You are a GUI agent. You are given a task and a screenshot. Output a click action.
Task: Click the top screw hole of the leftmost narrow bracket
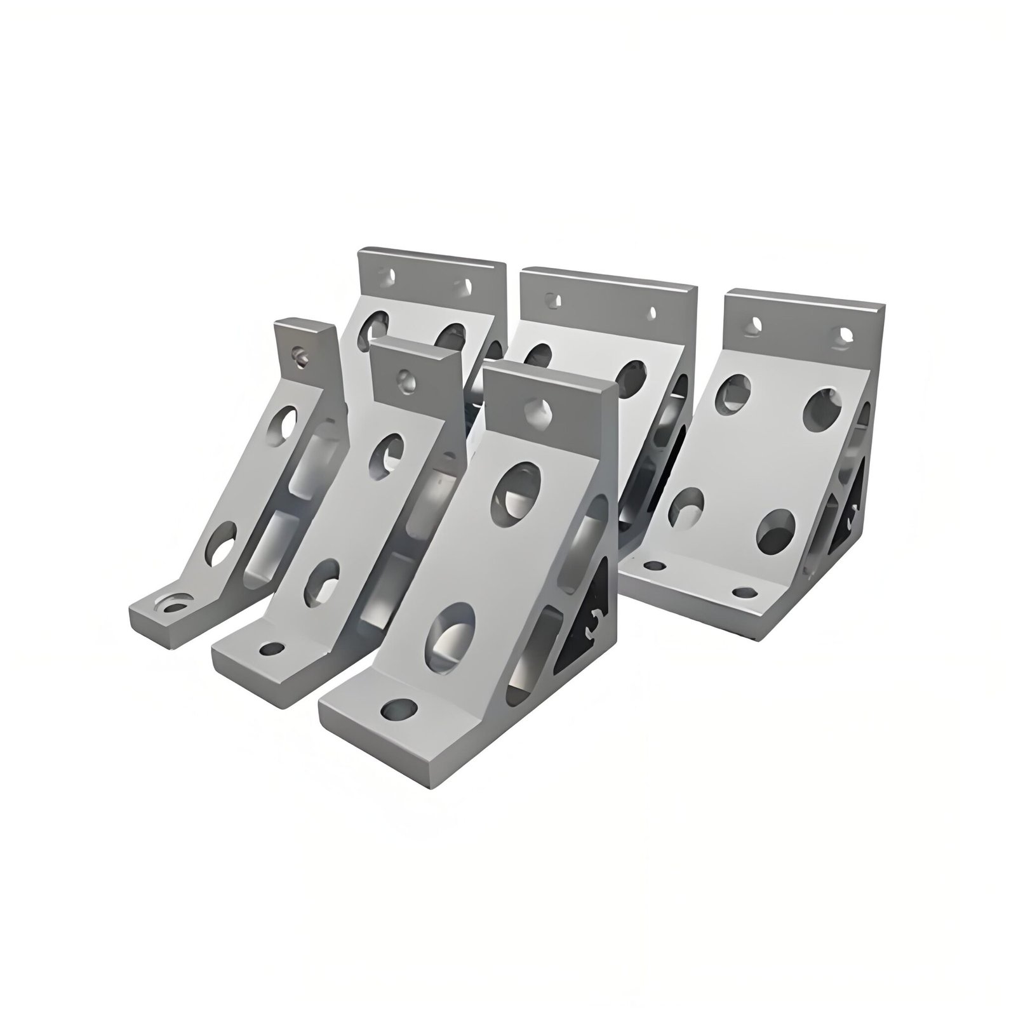(299, 354)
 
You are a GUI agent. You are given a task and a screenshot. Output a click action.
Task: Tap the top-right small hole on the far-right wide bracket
(845, 333)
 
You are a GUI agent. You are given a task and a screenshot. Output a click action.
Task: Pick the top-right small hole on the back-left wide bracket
(469, 285)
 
